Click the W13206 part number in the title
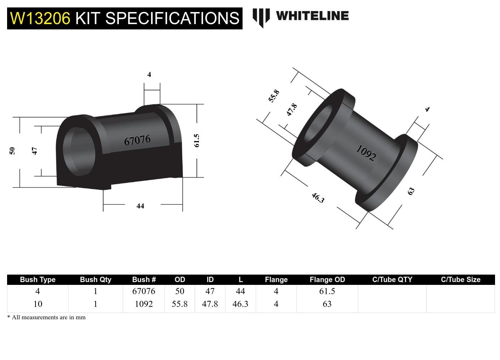[40, 18]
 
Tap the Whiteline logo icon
[261, 17]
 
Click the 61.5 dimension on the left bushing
[197, 141]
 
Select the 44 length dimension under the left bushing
[140, 206]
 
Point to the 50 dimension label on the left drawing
[12, 151]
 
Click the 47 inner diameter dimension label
[35, 151]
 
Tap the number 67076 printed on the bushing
[137, 140]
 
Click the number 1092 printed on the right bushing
[366, 153]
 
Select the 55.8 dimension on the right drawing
[274, 96]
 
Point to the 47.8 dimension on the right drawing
[291, 110]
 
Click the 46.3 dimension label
[318, 198]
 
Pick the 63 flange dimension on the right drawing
[411, 191]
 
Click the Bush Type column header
[38, 280]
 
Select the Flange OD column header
[327, 280]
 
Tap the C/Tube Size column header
[460, 280]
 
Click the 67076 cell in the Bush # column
[144, 291]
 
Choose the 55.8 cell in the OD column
[179, 304]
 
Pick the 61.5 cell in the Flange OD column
[327, 291]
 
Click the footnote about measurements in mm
[46, 317]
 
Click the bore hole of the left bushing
[79, 151]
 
